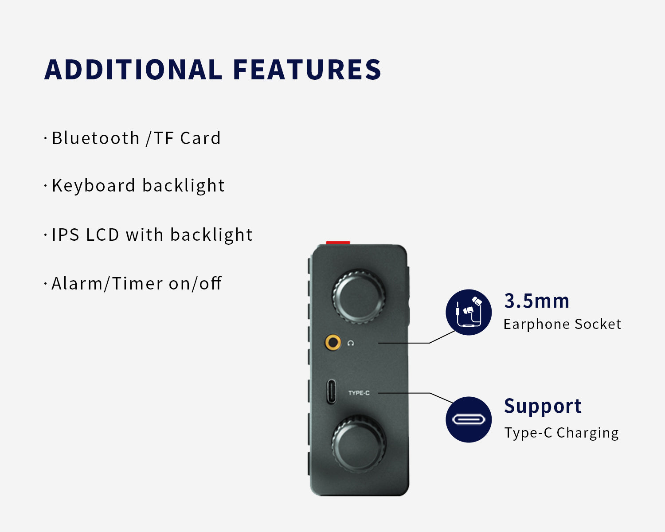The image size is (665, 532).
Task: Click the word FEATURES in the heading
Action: point(307,70)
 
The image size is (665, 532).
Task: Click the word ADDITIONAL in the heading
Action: point(133,70)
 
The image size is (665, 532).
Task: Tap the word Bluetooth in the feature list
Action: point(96,138)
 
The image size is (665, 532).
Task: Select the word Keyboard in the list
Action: point(94,186)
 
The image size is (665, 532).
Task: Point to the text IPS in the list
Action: point(66,235)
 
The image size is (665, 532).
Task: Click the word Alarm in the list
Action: point(77,283)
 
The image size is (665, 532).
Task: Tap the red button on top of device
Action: point(338,243)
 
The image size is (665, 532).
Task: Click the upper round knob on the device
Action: point(359,297)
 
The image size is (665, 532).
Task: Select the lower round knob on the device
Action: point(359,444)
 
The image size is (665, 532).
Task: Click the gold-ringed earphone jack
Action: point(333,342)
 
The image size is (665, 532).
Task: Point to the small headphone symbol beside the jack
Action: point(350,343)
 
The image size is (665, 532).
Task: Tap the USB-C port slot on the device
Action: point(331,392)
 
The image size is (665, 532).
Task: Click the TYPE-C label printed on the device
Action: point(359,393)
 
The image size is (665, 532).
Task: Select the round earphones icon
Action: point(469,312)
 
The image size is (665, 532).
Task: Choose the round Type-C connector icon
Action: point(469,419)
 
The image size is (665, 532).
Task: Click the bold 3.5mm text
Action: point(536,301)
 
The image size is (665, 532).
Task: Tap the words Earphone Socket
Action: point(562,324)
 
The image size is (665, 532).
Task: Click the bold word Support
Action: point(543,407)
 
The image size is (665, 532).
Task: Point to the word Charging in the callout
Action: point(587,433)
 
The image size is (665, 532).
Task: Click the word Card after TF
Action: point(200,138)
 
